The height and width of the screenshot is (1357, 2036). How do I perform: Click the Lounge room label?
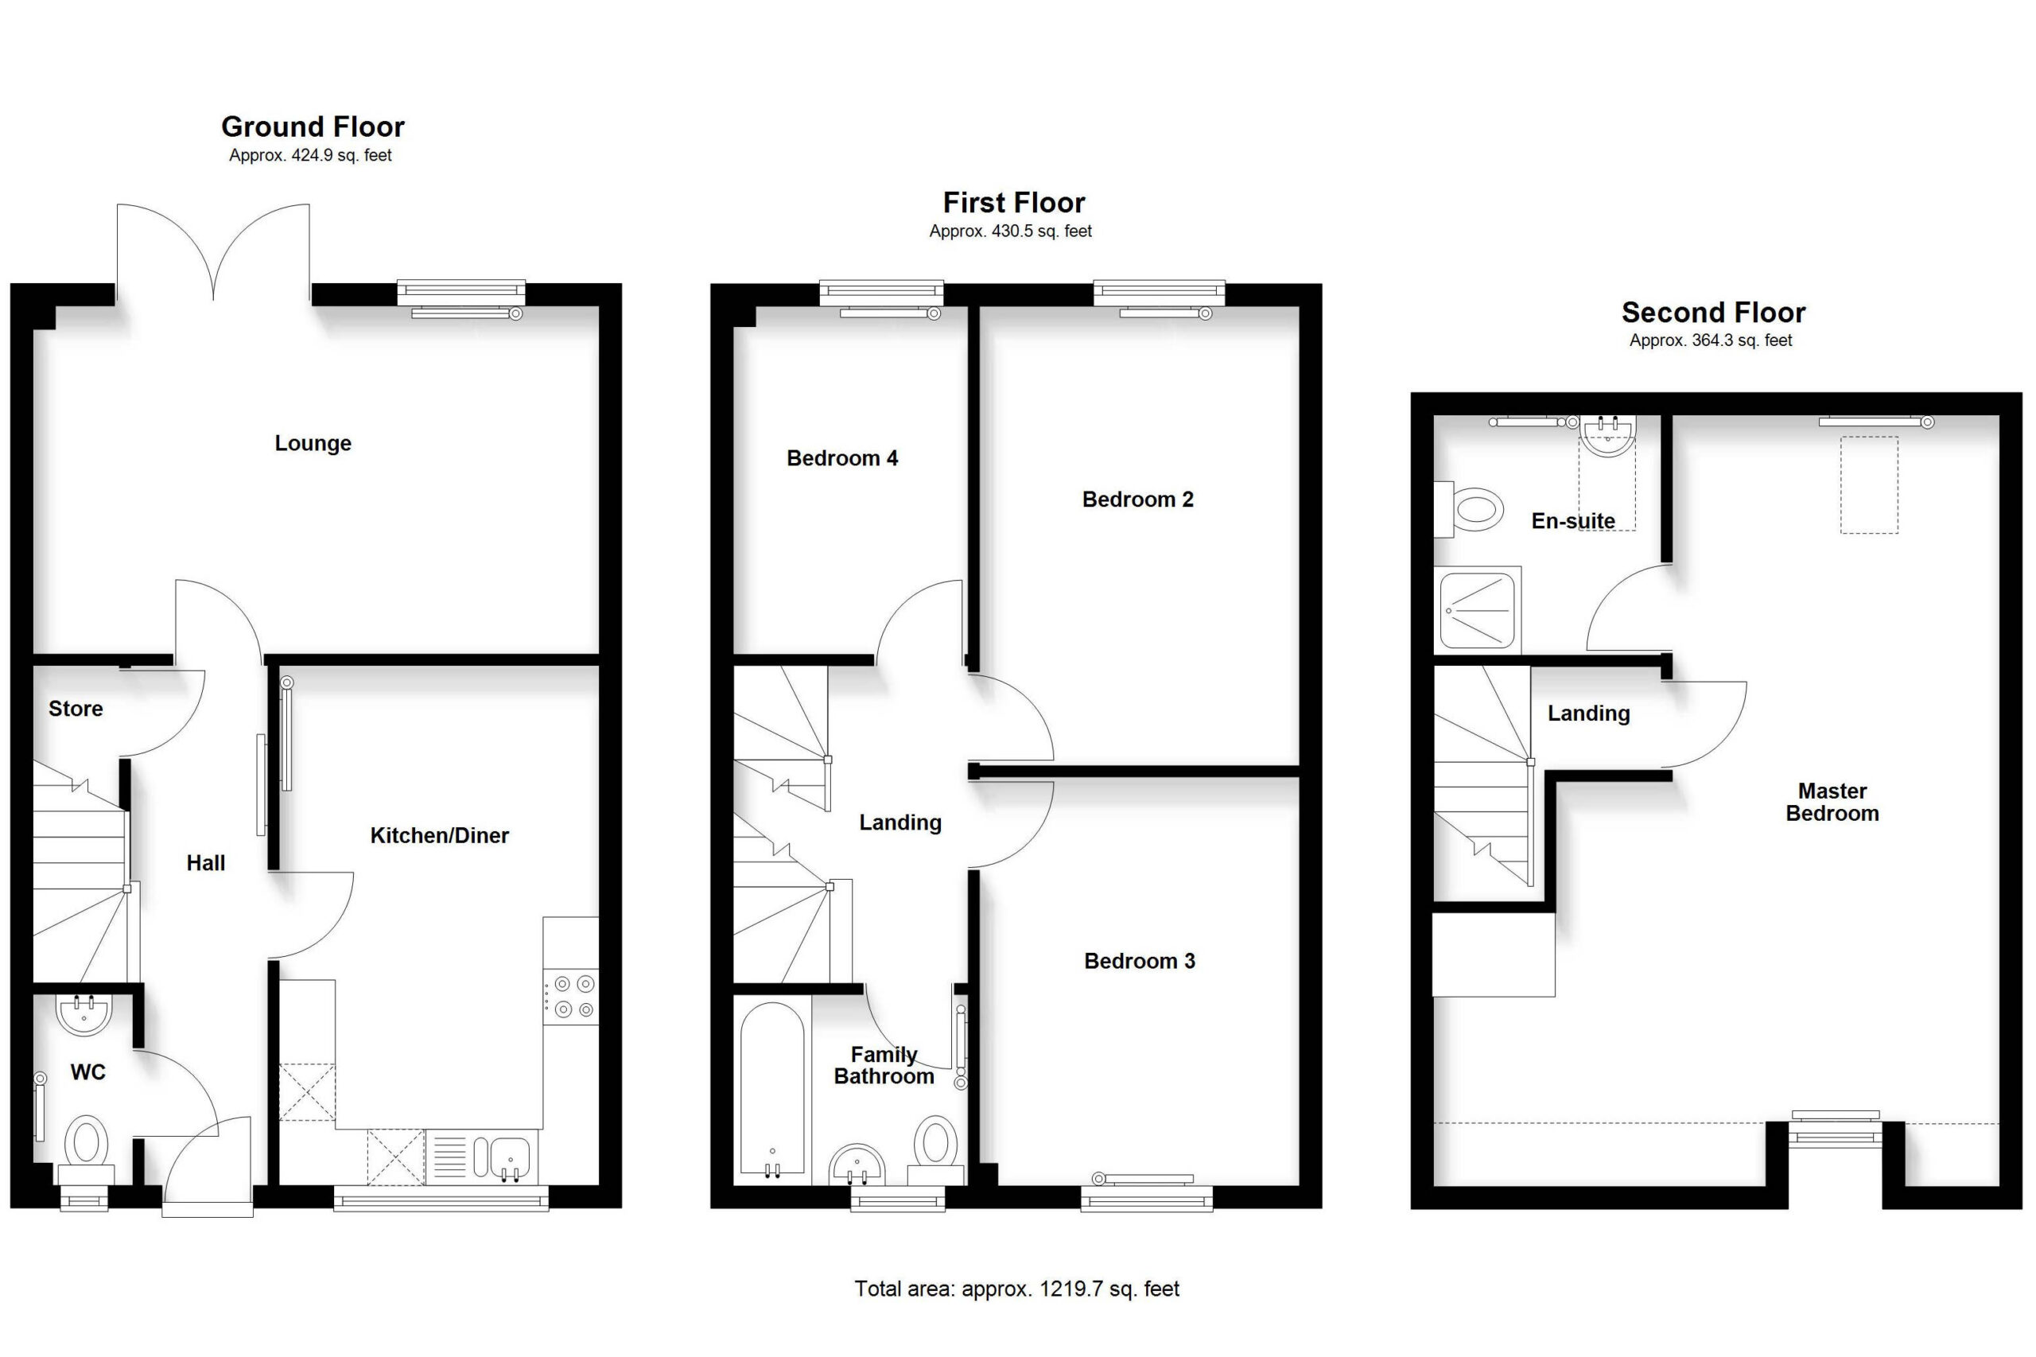[x=313, y=443]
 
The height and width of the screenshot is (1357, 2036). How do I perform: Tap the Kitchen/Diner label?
[x=440, y=835]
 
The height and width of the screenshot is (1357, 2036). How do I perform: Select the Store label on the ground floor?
[x=76, y=709]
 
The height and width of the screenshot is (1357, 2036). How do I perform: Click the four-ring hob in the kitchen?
[x=570, y=996]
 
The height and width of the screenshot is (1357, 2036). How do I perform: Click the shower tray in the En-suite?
[x=1477, y=610]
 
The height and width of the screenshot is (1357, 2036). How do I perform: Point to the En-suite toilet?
[x=1468, y=510]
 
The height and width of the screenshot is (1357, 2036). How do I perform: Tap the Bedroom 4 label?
[x=842, y=458]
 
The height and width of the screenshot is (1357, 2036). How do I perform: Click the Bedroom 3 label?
[x=1140, y=961]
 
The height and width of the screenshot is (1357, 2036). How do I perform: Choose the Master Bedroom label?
[x=1832, y=803]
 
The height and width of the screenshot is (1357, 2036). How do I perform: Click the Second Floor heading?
[x=1713, y=312]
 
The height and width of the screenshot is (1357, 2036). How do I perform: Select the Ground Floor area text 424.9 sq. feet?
[x=311, y=156]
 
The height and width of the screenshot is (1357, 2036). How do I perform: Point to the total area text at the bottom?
[x=1016, y=1289]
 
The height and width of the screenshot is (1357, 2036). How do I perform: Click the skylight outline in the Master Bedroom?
[x=1869, y=484]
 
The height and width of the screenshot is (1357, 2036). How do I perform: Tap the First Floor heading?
[x=1013, y=203]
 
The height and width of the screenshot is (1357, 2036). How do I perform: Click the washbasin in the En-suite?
[x=1607, y=435]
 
